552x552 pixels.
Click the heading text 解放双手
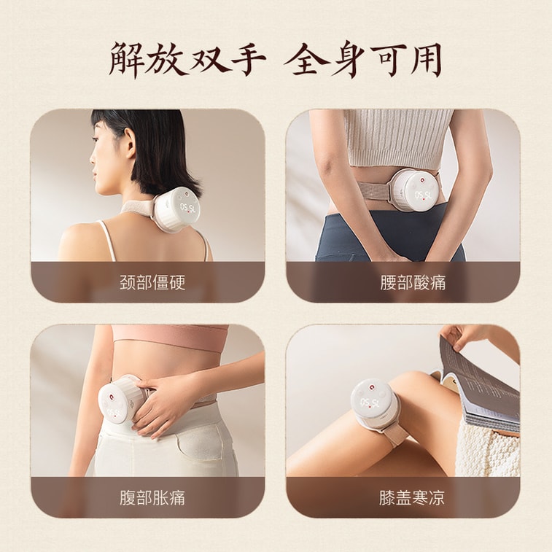(x=187, y=61)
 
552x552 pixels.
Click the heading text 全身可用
(x=363, y=61)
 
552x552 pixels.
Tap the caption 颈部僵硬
(x=152, y=282)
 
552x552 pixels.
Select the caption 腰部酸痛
(x=413, y=282)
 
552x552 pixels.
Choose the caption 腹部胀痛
(x=152, y=498)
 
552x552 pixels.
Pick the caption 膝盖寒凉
(x=412, y=498)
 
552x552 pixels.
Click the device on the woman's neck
(x=178, y=210)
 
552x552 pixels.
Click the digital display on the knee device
(x=370, y=403)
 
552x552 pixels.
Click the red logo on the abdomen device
(x=112, y=398)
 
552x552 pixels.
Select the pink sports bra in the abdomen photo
(x=171, y=337)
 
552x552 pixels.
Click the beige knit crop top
(x=398, y=137)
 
